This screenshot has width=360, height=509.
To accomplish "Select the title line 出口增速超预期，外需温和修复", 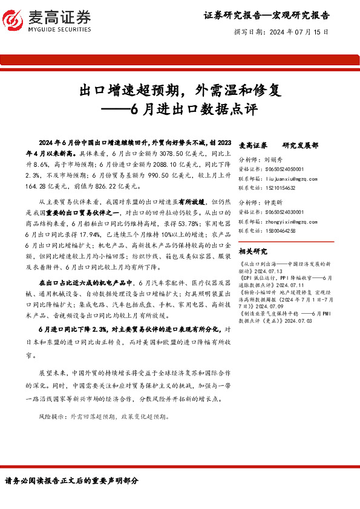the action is (x=180, y=91).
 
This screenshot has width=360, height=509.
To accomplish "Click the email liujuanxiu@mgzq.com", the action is (x=283, y=179).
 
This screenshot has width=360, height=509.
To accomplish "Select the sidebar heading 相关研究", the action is (x=253, y=251).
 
